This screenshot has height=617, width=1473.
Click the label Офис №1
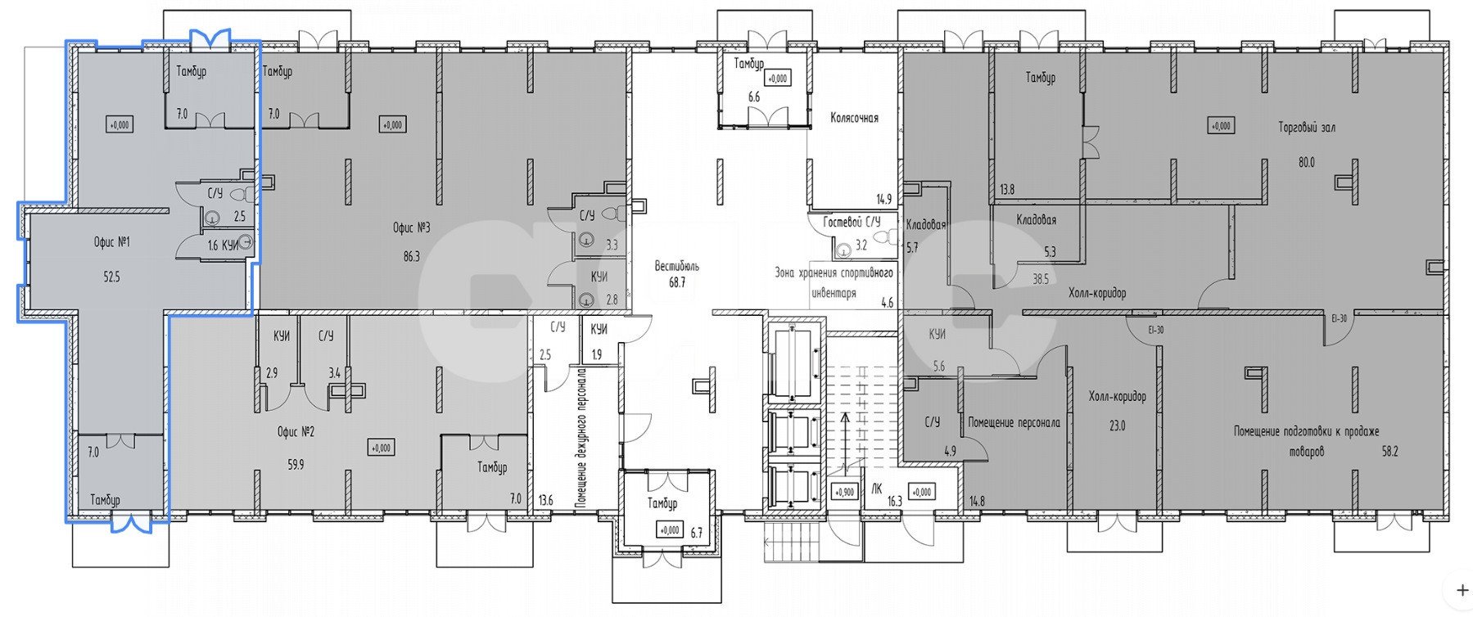pyautogui.click(x=112, y=242)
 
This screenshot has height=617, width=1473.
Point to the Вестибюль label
pyautogui.click(x=676, y=266)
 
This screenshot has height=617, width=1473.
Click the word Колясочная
pyautogui.click(x=854, y=118)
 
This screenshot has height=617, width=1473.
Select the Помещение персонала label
pyautogui.click(x=1014, y=423)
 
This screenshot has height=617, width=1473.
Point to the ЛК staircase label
pyautogui.click(x=877, y=489)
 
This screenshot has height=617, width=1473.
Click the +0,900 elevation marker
pyautogui.click(x=844, y=493)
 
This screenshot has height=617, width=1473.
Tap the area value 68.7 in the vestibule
pyautogui.click(x=676, y=282)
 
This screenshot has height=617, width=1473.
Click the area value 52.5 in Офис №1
pyautogui.click(x=112, y=277)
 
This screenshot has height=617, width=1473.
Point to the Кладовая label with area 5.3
pyautogui.click(x=1036, y=220)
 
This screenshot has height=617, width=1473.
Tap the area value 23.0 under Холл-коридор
pyautogui.click(x=1117, y=426)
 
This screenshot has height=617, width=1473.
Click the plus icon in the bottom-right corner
pyautogui.click(x=1462, y=589)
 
